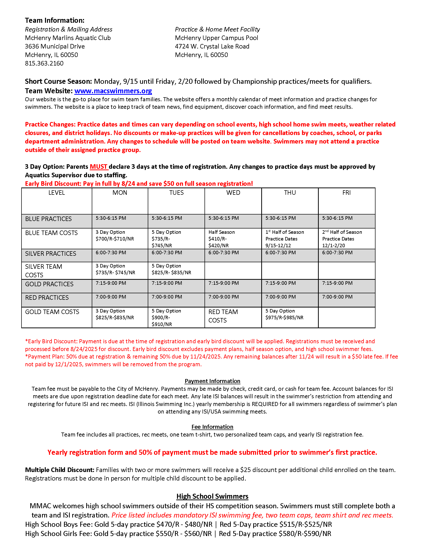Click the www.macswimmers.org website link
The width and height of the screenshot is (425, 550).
tap(113, 91)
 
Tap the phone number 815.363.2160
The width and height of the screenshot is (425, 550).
tap(44, 63)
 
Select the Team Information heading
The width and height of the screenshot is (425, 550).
tap(55, 20)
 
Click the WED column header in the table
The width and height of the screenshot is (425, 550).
tap(233, 193)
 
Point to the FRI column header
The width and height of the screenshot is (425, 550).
tap(346, 193)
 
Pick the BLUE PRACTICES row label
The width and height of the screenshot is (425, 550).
tap(48, 219)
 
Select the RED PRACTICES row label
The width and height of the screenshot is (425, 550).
tap(47, 298)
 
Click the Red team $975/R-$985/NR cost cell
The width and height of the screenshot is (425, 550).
tap(284, 314)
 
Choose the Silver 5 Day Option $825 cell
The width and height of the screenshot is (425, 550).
tap(171, 269)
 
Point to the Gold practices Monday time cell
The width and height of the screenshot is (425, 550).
tap(111, 283)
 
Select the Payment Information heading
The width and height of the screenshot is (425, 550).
tap(212, 381)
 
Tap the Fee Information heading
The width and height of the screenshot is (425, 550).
tap(212, 427)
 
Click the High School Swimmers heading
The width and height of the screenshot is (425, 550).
tap(212, 496)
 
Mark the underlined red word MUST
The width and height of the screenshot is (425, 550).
tap(99, 167)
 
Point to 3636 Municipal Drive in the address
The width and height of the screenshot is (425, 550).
tap(55, 46)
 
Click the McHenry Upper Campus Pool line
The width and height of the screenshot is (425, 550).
tap(216, 38)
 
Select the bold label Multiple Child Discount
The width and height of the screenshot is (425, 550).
tap(59, 470)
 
